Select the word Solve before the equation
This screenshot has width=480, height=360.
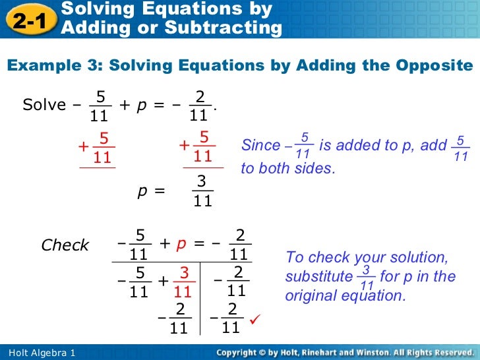coord(44,105)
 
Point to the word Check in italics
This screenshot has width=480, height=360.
coord(65,245)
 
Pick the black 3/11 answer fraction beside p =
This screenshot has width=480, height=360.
coord(202,191)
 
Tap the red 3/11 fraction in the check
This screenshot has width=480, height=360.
coord(183,282)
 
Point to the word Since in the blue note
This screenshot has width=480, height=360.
coord(260,145)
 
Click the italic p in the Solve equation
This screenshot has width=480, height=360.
coord(141,105)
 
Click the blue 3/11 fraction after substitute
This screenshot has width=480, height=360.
coord(367,277)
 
